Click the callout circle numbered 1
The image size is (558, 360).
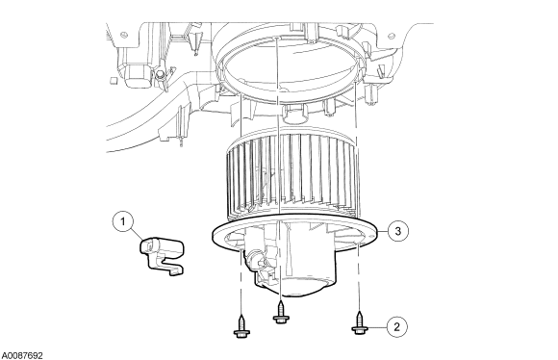[123, 221]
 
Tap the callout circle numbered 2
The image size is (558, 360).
[397, 326]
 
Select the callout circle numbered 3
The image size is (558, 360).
[398, 231]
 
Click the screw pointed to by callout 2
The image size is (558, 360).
[360, 323]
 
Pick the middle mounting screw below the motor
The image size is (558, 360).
[281, 312]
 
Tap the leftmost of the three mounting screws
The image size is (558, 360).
[241, 325]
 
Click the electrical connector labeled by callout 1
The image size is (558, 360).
[163, 256]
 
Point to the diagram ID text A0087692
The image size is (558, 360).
[22, 355]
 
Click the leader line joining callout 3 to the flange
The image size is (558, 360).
[382, 232]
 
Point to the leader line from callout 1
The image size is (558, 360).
[137, 234]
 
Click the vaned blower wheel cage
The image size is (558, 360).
[292, 174]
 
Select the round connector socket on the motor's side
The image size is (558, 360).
[255, 257]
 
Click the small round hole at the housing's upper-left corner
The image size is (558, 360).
[123, 35]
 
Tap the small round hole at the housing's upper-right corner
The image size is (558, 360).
[392, 36]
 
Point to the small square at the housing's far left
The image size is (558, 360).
[114, 80]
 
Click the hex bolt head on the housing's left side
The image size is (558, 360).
[160, 74]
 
